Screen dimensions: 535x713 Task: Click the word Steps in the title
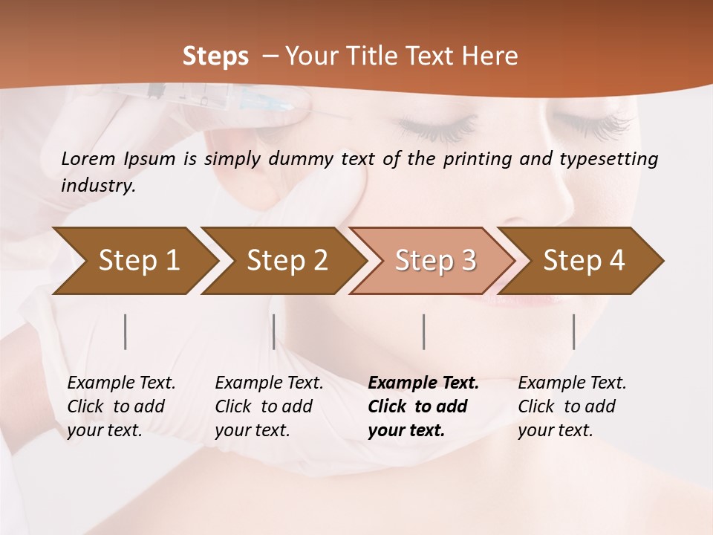tap(215, 56)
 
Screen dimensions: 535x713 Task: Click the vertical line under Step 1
tap(126, 331)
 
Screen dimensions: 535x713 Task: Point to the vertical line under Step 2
tap(274, 331)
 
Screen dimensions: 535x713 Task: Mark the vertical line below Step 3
tap(423, 331)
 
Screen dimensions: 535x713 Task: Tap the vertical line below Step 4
tap(573, 331)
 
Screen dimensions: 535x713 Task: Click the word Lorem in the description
tap(88, 158)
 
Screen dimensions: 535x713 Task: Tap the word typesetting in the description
tap(612, 158)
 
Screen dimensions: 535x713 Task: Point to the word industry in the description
tap(98, 186)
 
